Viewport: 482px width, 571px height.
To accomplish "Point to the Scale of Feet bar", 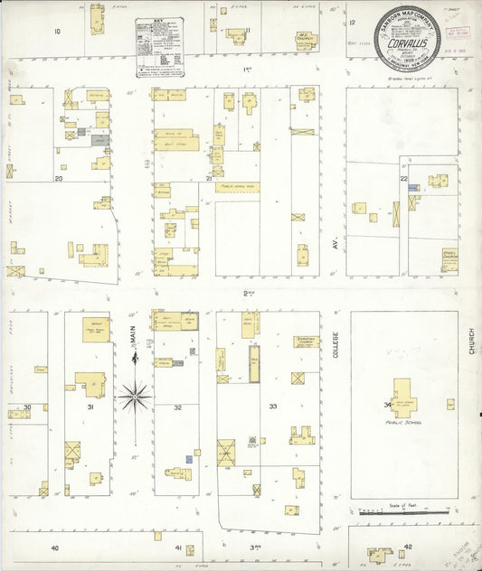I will click(x=390, y=511).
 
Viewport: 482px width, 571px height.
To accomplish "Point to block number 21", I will click(x=209, y=179).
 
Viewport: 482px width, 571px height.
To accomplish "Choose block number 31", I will click(x=90, y=408).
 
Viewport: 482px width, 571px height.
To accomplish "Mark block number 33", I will click(x=272, y=408).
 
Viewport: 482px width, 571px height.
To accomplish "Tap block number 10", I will click(x=57, y=32).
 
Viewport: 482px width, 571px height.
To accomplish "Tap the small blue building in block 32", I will click(x=188, y=459).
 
